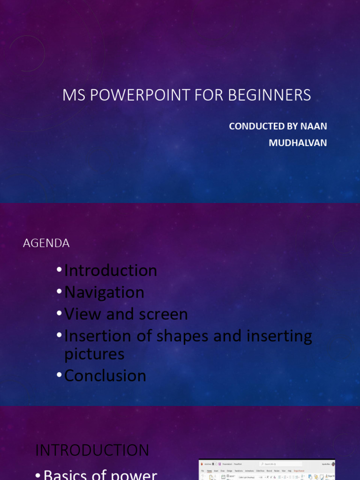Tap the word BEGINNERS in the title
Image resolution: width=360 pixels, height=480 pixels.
270,95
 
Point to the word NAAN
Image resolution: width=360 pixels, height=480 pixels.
315,126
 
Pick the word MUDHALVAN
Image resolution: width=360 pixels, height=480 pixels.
298,143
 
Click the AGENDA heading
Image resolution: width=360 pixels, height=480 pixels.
46,243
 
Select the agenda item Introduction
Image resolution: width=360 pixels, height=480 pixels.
111,270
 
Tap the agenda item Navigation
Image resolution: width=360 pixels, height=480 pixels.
104,292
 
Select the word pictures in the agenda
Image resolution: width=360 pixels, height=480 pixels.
94,354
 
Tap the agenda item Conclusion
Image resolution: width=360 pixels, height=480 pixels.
105,375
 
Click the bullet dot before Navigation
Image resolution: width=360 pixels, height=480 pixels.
59,292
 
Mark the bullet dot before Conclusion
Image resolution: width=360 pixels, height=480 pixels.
59,375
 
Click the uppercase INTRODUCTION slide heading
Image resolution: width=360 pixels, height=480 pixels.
92,450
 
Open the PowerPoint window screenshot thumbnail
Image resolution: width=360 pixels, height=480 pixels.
267,470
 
